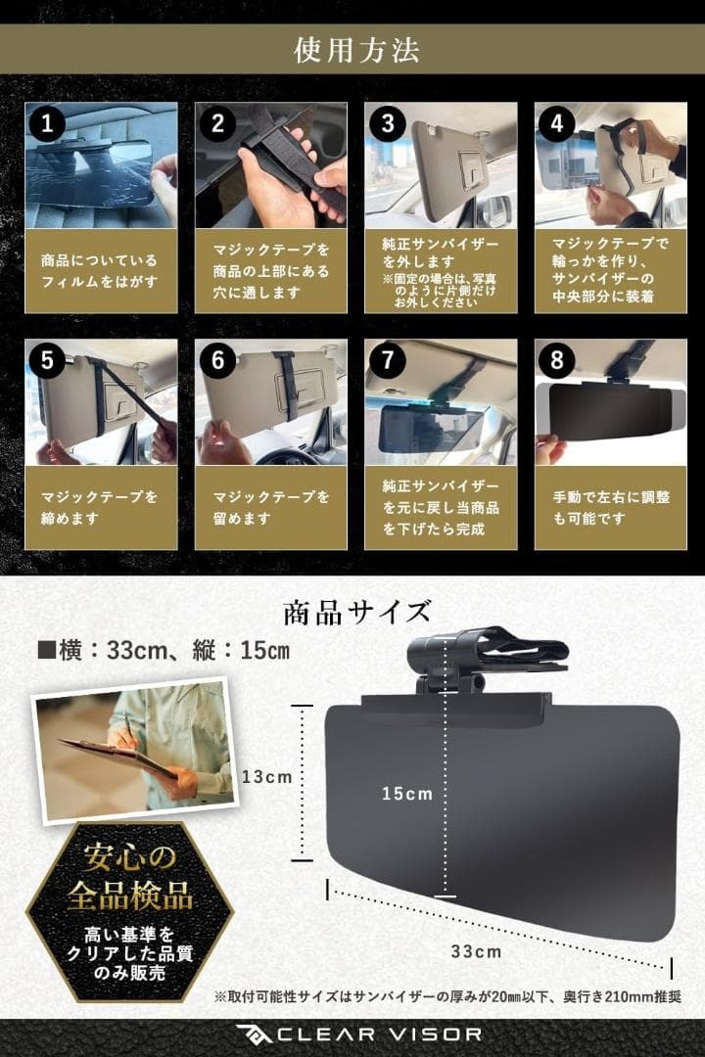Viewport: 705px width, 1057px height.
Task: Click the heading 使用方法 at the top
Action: [352, 51]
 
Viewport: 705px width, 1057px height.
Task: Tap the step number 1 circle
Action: [47, 123]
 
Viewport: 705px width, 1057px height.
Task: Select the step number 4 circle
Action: [556, 123]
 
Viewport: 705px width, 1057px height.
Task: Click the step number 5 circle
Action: [47, 360]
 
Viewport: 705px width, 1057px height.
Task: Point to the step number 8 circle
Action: [556, 360]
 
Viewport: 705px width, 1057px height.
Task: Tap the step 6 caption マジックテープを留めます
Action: [268, 507]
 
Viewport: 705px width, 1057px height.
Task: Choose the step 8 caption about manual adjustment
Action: [609, 507]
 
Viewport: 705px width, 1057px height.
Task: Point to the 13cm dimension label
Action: [266, 776]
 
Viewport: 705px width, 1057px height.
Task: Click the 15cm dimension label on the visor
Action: [406, 793]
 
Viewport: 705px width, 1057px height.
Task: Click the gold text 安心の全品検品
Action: [129, 877]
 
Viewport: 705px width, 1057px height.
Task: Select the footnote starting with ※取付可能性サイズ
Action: [447, 996]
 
